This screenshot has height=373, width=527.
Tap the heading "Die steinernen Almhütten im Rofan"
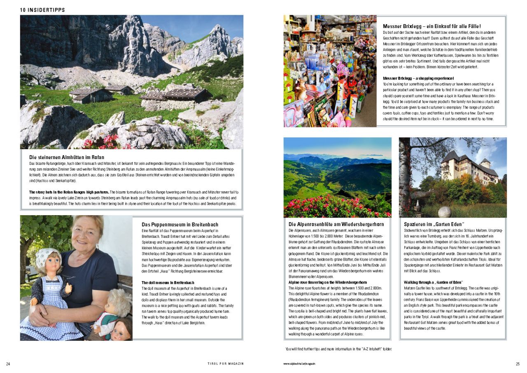(67, 157)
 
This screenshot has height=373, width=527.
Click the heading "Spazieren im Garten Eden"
(434, 224)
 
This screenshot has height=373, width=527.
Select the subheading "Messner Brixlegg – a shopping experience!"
(418, 78)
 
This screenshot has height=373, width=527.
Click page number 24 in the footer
(8, 364)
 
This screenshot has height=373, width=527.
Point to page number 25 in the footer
(518, 364)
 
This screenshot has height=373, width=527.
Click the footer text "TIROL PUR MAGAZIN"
(226, 364)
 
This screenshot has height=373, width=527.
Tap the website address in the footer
(302, 364)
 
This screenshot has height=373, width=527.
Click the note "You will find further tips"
(338, 349)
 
